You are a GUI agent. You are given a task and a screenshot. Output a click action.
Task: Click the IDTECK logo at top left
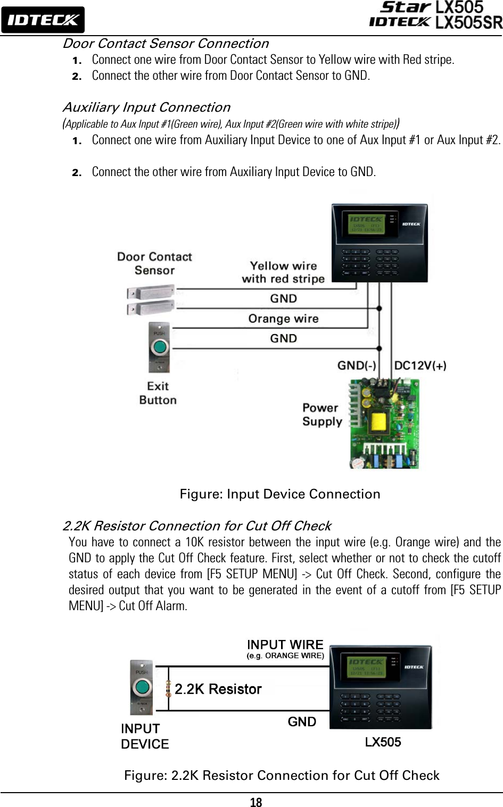click(43, 20)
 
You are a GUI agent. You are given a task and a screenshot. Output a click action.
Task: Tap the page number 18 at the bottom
click(256, 802)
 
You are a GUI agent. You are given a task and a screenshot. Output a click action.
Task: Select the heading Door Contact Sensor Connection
click(166, 44)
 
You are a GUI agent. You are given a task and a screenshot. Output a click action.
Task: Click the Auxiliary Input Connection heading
click(146, 107)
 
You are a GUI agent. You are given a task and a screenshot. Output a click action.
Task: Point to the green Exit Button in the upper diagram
click(159, 348)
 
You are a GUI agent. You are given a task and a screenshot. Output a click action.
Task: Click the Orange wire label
click(283, 319)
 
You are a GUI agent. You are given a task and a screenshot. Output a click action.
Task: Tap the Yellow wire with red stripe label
click(283, 272)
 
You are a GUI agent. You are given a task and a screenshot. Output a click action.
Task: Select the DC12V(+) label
click(420, 365)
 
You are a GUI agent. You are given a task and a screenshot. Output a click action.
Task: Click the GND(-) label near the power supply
click(357, 365)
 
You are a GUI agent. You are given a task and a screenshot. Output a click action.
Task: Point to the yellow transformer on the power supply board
click(379, 423)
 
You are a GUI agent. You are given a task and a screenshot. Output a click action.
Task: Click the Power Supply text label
click(321, 415)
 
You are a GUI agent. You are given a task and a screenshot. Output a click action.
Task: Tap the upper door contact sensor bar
click(151, 292)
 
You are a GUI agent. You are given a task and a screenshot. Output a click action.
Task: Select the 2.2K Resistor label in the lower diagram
click(218, 689)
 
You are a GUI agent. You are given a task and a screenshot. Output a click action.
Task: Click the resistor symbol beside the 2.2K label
click(168, 688)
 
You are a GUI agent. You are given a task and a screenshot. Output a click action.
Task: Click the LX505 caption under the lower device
click(383, 742)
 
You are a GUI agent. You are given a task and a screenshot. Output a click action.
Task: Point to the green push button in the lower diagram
click(142, 687)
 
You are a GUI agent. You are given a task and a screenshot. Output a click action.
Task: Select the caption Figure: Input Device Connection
click(280, 494)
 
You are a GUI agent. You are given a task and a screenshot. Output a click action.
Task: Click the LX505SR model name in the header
click(468, 23)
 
